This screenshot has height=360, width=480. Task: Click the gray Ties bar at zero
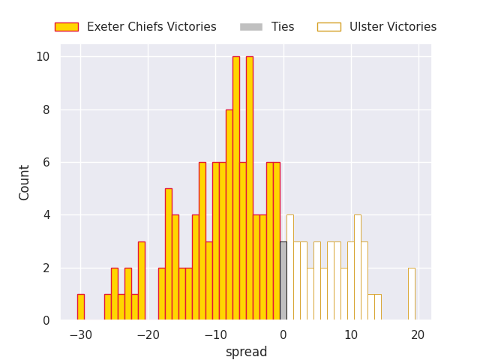[x=283, y=281]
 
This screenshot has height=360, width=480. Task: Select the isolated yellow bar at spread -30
[x=80, y=307]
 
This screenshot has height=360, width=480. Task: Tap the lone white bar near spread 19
[x=411, y=294]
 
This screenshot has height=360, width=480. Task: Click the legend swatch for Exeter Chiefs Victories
[x=66, y=27]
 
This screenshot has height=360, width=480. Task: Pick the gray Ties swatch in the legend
[x=251, y=27]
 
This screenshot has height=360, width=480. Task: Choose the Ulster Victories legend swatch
[x=328, y=27]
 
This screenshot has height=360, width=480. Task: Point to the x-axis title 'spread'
[x=246, y=352]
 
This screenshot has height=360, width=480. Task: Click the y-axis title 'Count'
[x=25, y=182]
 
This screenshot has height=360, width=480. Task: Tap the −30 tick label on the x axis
[x=80, y=334]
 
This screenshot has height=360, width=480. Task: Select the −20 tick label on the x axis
[x=148, y=334]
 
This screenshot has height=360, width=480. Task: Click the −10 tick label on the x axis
[x=215, y=334]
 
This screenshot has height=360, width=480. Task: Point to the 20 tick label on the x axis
[x=418, y=334]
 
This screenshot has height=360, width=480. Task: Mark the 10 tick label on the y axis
[x=43, y=57]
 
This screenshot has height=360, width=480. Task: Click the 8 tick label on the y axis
[x=46, y=109]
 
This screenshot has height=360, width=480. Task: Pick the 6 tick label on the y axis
[x=46, y=162]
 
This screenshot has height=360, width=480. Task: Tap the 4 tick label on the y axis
[x=46, y=215]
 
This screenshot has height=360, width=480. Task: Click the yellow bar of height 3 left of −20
[x=141, y=281]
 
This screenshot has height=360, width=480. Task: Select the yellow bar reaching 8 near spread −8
[x=229, y=215]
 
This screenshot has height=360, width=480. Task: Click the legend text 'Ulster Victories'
[x=393, y=27]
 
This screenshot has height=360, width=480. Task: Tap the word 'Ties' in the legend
[x=283, y=27]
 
